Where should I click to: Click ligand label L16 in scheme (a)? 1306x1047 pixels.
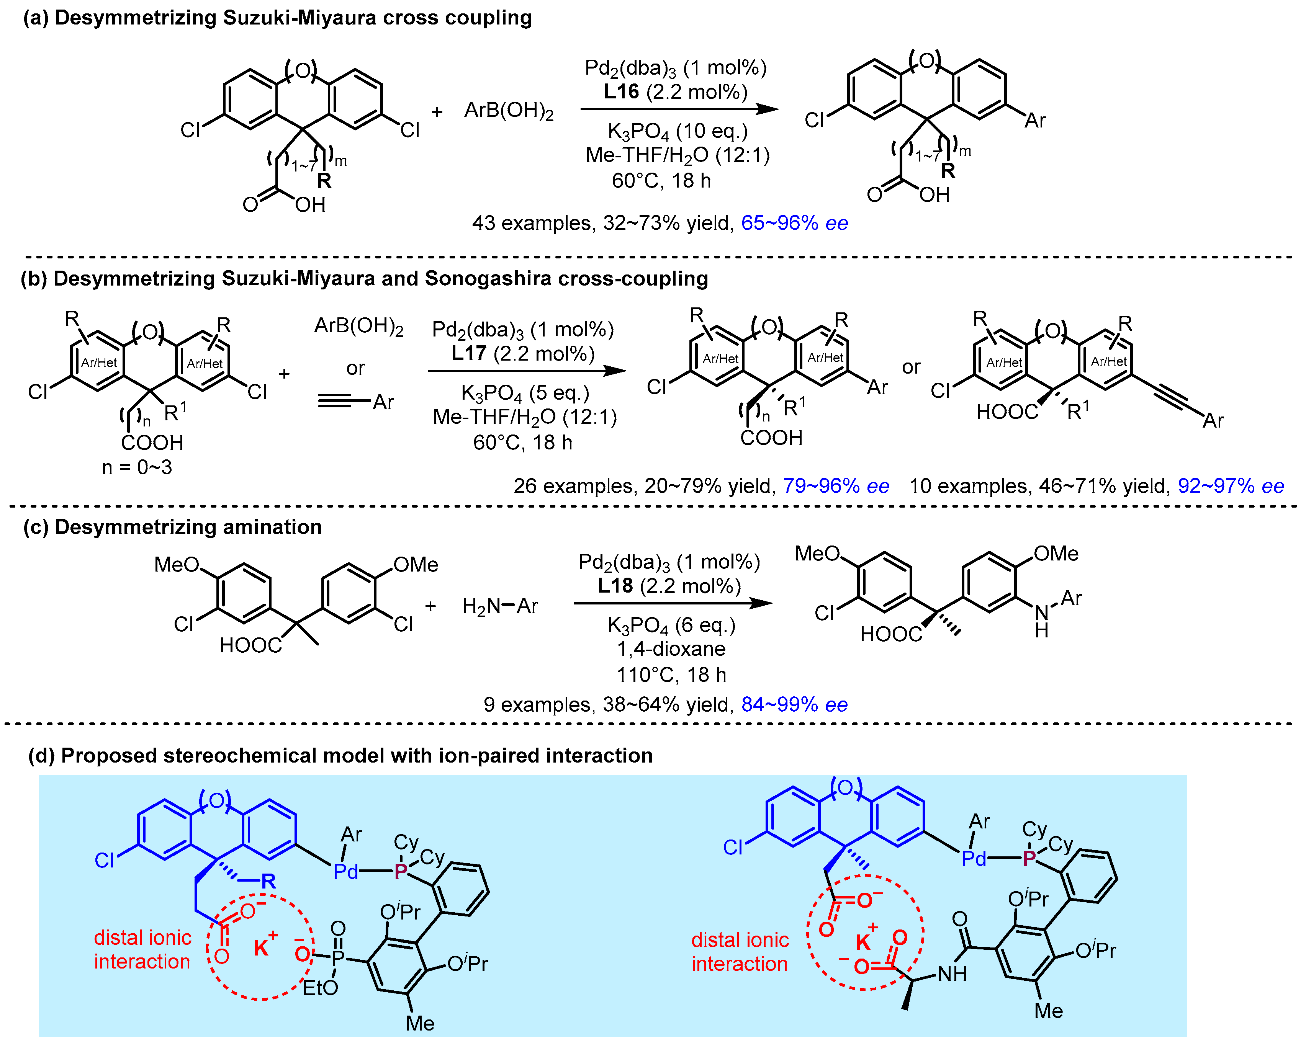(x=621, y=91)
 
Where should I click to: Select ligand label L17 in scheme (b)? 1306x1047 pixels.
(x=468, y=353)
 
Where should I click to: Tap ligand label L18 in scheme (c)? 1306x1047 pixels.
(x=614, y=586)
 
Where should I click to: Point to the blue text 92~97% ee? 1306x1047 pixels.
(x=1230, y=486)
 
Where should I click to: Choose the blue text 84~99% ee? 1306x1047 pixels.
(x=794, y=704)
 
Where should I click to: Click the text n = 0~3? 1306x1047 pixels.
(x=137, y=467)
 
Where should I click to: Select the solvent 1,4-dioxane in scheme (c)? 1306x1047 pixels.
(x=671, y=648)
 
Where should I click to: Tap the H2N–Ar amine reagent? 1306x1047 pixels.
(x=500, y=606)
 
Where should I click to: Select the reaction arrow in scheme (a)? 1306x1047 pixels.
(x=678, y=109)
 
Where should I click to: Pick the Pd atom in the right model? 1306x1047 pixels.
(x=974, y=859)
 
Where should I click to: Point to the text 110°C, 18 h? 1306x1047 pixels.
(x=671, y=675)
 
